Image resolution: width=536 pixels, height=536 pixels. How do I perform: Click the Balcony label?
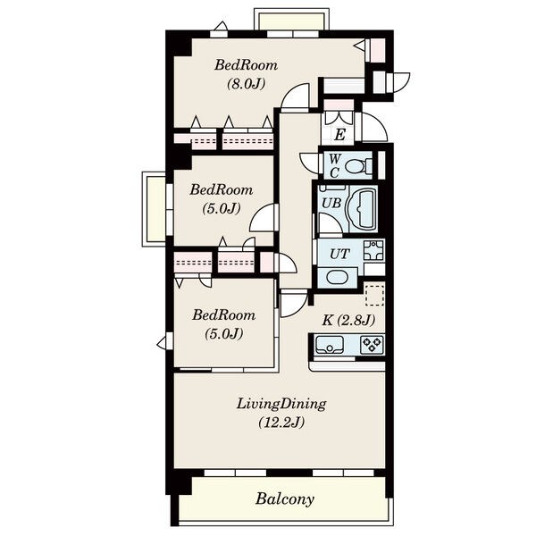pos(284,499)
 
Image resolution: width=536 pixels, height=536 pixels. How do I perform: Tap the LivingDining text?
pos(281,405)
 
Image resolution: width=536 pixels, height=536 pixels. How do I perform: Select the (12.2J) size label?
pos(281,423)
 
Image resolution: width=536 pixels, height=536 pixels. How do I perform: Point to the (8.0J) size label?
pos(247,84)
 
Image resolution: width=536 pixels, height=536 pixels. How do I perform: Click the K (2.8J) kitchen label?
pos(348,321)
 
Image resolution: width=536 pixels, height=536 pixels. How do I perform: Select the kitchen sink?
pos(330,345)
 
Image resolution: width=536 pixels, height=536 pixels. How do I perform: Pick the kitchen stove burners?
pos(373,345)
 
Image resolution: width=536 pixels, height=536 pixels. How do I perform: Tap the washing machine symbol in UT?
pos(374,250)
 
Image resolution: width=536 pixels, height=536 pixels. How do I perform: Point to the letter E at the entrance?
pos(339,135)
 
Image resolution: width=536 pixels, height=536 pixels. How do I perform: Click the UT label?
pos(339,254)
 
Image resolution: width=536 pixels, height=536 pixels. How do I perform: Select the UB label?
pos(331,203)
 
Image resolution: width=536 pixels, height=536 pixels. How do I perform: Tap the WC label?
pos(335,166)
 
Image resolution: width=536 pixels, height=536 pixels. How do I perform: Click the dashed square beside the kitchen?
pos(374,294)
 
